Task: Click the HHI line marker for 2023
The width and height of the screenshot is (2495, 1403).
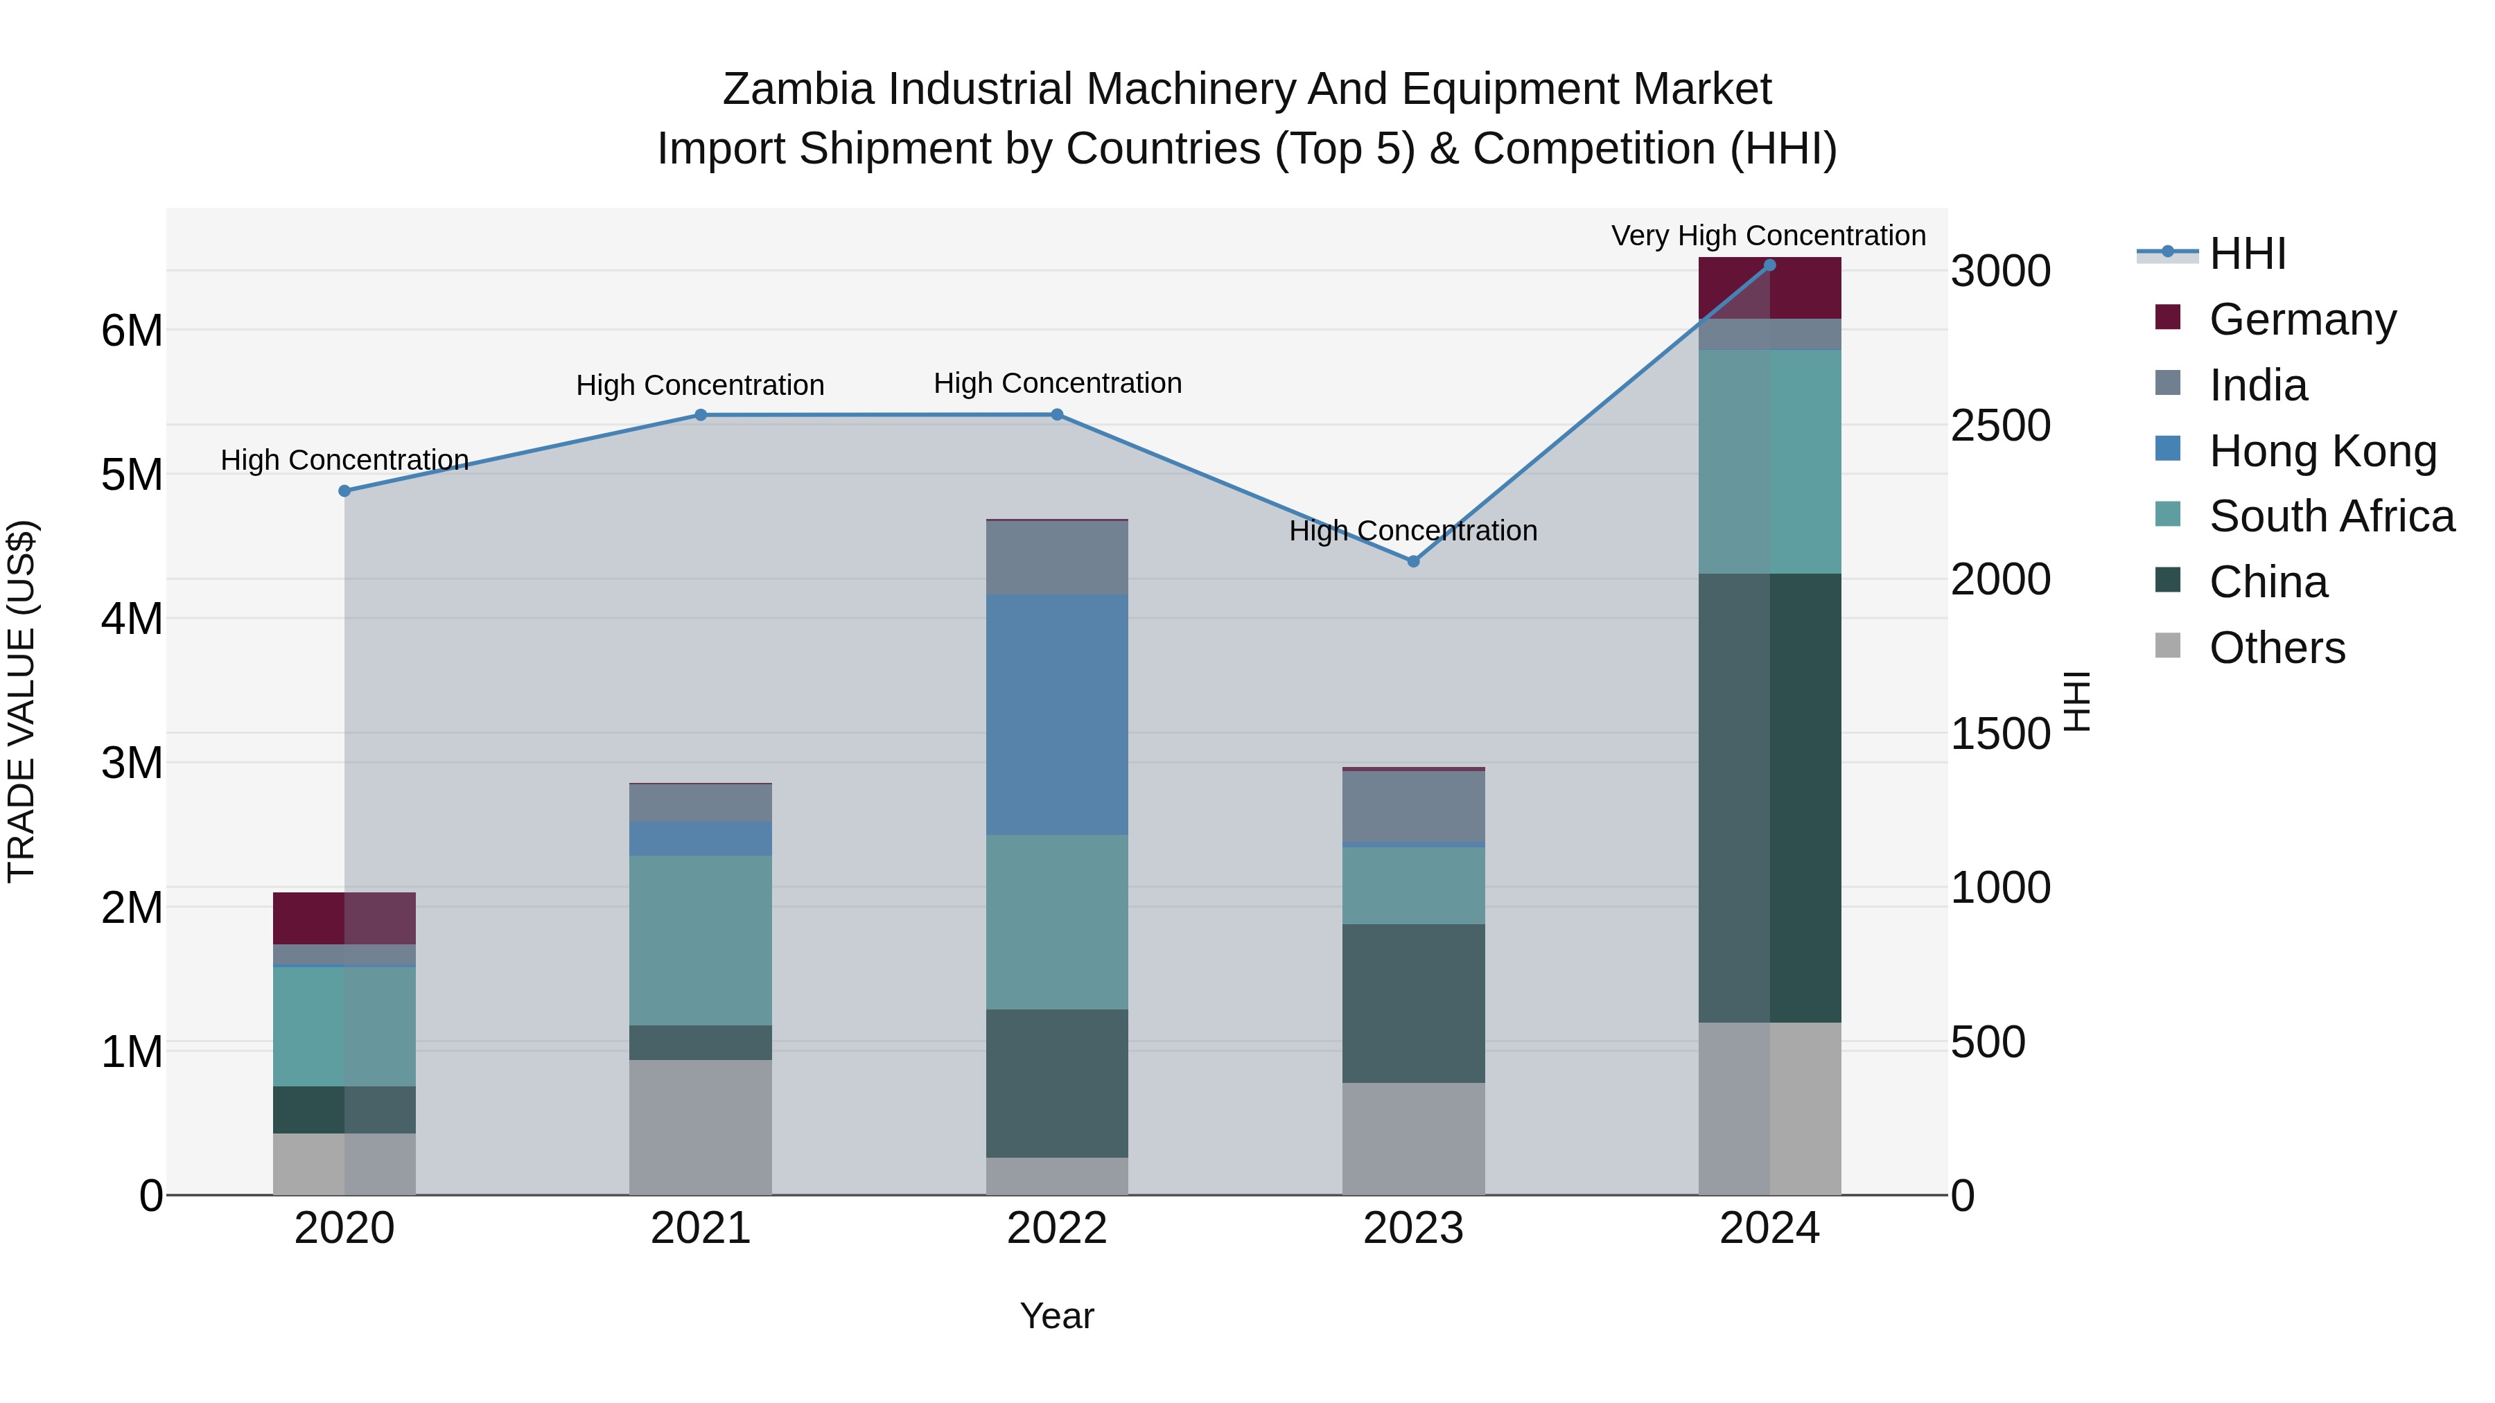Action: click(x=1413, y=562)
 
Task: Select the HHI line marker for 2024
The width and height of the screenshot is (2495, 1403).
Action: click(x=1769, y=265)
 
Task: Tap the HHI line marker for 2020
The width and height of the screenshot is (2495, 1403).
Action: click(x=345, y=491)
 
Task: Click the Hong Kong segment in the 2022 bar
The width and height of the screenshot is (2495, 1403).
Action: click(x=1057, y=714)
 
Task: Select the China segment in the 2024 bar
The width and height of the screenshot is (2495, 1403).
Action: click(x=1769, y=798)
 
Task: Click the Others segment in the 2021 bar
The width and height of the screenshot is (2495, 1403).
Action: click(x=700, y=1127)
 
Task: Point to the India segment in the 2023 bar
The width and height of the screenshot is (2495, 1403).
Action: click(x=1413, y=806)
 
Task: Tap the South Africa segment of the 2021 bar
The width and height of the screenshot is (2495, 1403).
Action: click(x=700, y=940)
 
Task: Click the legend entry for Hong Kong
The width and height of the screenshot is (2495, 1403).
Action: click(x=2322, y=451)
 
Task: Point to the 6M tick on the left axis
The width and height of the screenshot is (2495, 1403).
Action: click(x=132, y=331)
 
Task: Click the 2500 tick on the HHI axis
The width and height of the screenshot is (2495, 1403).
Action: click(x=2000, y=426)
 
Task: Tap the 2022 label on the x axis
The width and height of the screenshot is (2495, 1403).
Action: click(x=1057, y=1228)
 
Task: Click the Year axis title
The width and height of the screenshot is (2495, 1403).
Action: click(x=1057, y=1316)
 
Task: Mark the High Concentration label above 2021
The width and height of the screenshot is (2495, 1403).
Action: click(x=699, y=385)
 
